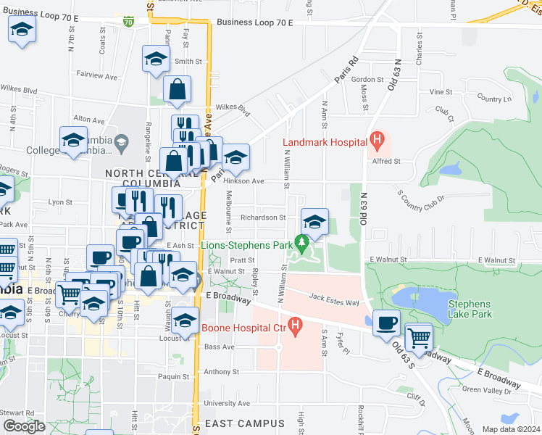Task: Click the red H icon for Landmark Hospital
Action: pyautogui.click(x=375, y=138)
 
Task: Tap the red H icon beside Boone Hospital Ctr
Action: pyautogui.click(x=294, y=326)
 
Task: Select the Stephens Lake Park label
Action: pyautogui.click(x=470, y=309)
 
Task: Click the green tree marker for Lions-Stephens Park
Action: pyautogui.click(x=304, y=240)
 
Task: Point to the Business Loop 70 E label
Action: pyautogui.click(x=254, y=23)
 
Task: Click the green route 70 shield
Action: pyautogui.click(x=128, y=22)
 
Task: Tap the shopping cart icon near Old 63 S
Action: pyautogui.click(x=417, y=336)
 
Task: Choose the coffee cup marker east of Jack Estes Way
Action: pyautogui.click(x=386, y=321)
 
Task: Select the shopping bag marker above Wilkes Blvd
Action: pyautogui.click(x=177, y=90)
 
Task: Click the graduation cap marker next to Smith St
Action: pyautogui.click(x=155, y=59)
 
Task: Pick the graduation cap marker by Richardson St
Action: pyautogui.click(x=314, y=221)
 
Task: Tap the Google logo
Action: pyautogui.click(x=24, y=426)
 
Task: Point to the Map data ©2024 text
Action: pyautogui.click(x=511, y=429)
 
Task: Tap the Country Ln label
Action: pyautogui.click(x=493, y=99)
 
